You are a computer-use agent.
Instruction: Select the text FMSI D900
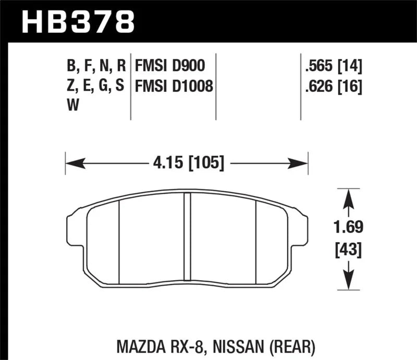click(x=169, y=66)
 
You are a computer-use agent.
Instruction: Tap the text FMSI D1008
click(x=174, y=85)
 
